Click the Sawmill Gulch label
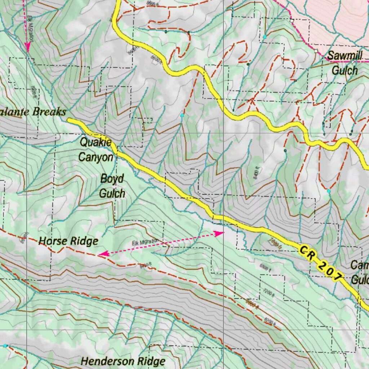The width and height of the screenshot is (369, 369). (345, 63)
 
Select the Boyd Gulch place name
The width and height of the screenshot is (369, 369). (112, 186)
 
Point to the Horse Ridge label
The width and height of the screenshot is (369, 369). (68, 241)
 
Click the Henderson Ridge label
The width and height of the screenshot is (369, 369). (123, 361)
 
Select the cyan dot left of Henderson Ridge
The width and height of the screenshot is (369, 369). (5, 346)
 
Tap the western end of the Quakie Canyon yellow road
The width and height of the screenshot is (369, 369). (69, 120)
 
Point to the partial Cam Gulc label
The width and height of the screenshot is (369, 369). (360, 272)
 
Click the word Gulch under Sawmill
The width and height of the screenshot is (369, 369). (345, 70)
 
